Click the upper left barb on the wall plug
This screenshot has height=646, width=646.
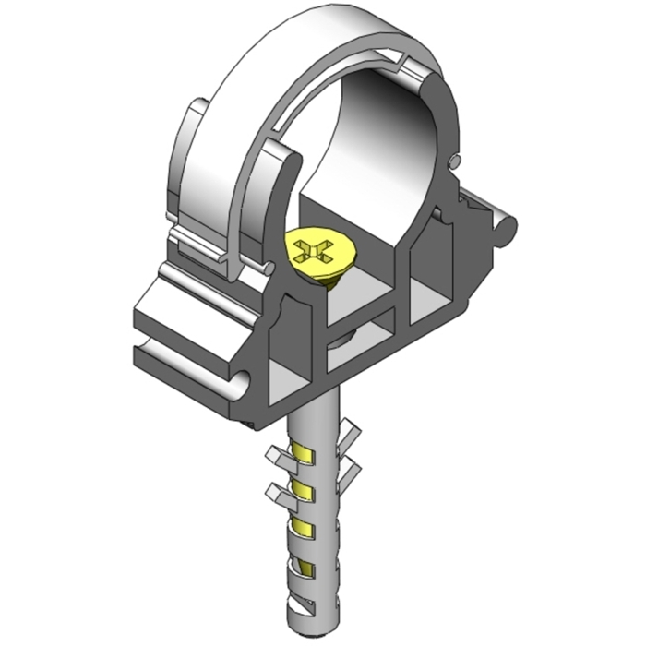click(281, 455)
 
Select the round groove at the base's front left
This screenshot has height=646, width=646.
click(239, 379)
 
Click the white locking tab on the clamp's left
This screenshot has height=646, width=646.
click(189, 166)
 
